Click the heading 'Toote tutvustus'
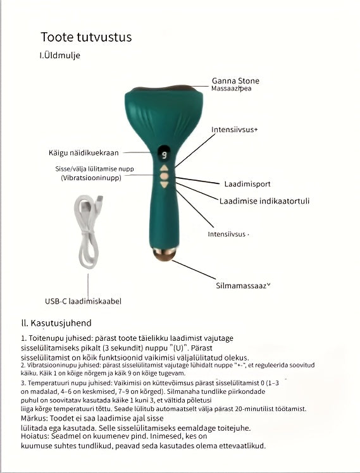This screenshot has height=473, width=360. (86, 37)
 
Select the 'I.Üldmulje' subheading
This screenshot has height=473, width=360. (59, 56)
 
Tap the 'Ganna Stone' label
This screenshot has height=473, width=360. (235, 81)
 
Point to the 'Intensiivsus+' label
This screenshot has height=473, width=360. (234, 130)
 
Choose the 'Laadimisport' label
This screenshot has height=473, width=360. (247, 184)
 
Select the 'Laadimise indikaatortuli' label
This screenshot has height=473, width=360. (264, 201)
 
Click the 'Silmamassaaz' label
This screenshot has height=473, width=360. (243, 286)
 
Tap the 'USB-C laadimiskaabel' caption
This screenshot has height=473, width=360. (83, 301)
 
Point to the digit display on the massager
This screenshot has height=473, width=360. (164, 154)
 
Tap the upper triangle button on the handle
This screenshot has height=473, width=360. (164, 169)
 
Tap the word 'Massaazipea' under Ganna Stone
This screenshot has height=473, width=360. (232, 90)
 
